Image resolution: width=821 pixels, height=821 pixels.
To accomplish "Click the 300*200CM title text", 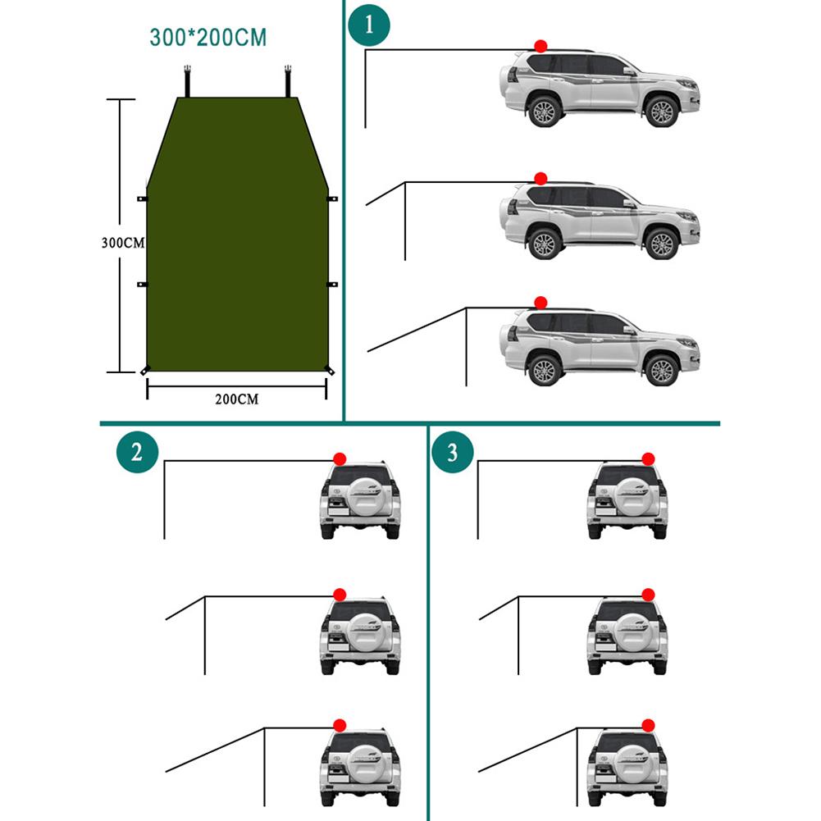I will [208, 38].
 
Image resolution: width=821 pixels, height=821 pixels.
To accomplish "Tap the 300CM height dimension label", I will [122, 244].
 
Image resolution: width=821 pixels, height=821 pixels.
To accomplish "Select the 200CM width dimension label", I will [236, 399].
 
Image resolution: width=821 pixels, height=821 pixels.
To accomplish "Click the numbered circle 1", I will [369, 23].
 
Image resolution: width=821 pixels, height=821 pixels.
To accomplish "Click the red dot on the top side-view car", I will [540, 46].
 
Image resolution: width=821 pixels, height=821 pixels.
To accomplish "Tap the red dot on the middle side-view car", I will [540, 178].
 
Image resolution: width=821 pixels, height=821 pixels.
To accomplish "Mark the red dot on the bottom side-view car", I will [540, 303].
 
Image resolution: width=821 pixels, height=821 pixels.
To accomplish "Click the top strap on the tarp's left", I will [188, 80].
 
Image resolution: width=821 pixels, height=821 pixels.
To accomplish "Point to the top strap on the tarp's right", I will [288, 80].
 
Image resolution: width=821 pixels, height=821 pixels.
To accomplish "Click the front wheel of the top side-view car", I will [660, 112].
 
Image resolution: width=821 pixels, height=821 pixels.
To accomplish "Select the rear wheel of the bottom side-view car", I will [543, 371].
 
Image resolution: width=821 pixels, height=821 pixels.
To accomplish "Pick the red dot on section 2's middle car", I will [339, 594].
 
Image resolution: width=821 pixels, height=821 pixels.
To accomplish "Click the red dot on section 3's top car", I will [648, 458].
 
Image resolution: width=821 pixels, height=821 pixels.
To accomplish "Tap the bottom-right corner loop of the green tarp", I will [330, 372].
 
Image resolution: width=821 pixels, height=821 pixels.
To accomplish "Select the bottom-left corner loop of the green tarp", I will [144, 372].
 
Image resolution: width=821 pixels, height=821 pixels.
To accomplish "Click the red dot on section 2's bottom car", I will [339, 725].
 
